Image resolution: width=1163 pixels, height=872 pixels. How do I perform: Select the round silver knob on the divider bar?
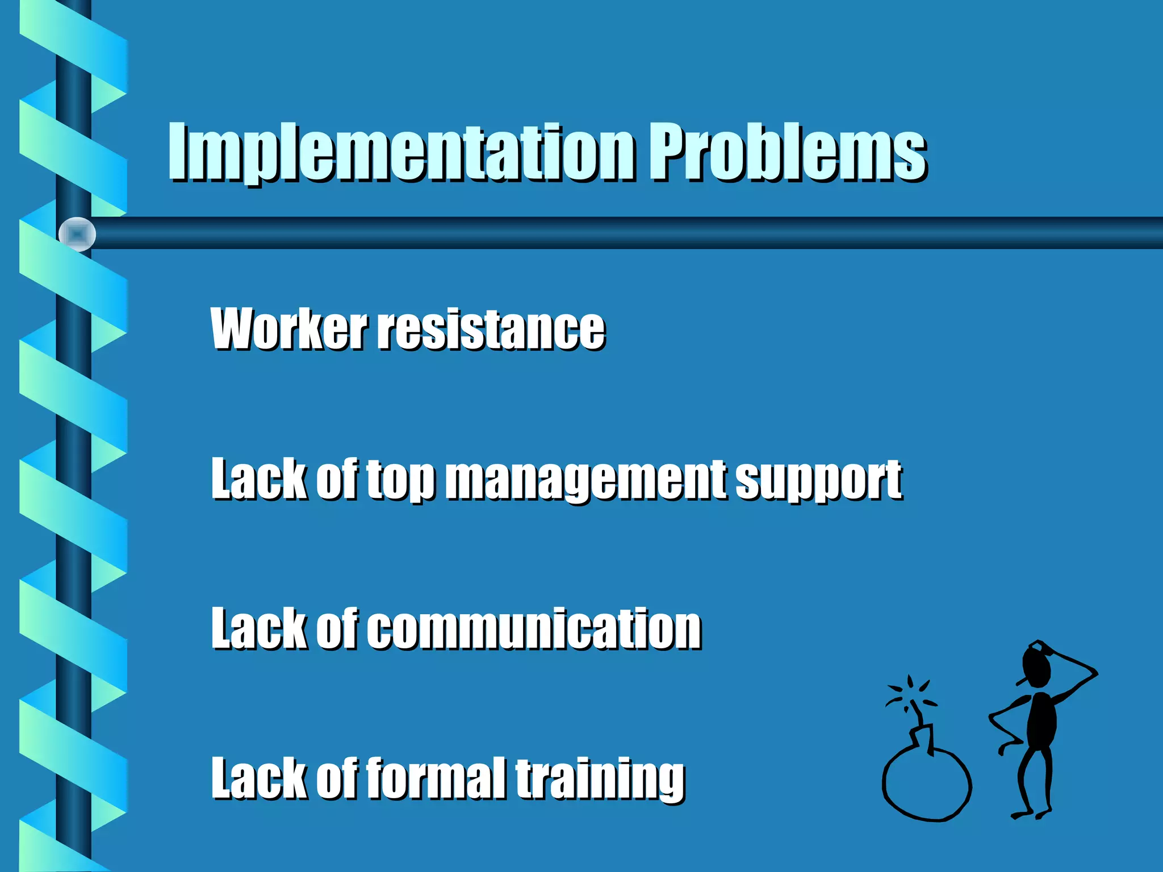(77, 234)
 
